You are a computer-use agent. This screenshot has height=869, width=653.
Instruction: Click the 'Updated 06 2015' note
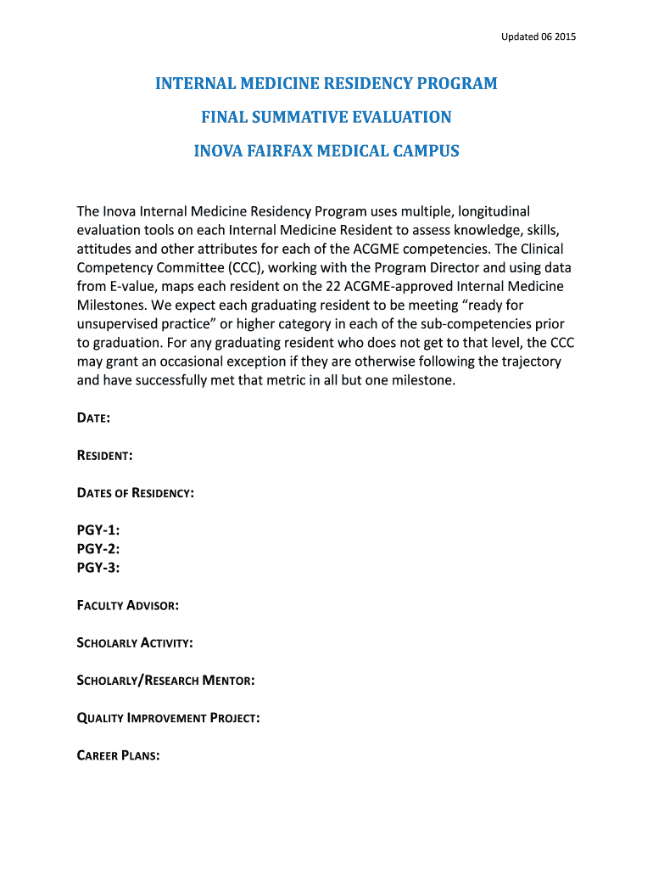click(x=539, y=36)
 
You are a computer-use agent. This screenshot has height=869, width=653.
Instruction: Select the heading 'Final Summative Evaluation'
click(x=326, y=117)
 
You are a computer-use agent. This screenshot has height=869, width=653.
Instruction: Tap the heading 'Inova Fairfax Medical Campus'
click(x=326, y=151)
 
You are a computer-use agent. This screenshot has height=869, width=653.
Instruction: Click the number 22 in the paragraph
click(x=335, y=286)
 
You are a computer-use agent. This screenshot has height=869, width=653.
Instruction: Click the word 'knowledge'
click(x=488, y=230)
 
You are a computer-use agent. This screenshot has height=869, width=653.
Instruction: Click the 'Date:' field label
click(x=93, y=418)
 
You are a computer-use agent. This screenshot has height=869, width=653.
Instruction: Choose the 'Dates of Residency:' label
click(x=136, y=493)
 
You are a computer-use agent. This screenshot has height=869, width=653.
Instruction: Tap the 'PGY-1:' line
click(x=98, y=530)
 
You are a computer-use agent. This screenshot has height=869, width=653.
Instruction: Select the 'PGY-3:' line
click(x=98, y=568)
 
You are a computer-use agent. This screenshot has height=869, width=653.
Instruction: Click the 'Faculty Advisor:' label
click(x=127, y=606)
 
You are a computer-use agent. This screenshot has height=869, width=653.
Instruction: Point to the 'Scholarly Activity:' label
click(x=135, y=643)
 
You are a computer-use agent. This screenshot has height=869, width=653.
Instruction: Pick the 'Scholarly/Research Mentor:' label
click(x=166, y=681)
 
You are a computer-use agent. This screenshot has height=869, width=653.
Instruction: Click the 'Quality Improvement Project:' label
click(x=168, y=718)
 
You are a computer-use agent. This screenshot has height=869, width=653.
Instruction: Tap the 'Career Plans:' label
click(x=119, y=755)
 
